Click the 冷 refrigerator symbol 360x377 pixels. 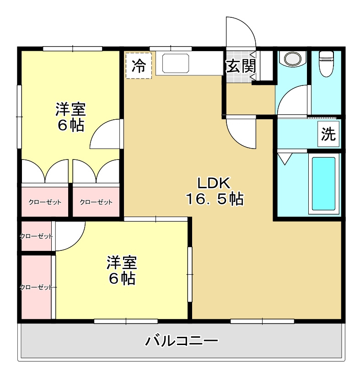click(138, 66)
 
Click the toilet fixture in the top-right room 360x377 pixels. click(326, 63)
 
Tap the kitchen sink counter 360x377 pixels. click(175, 64)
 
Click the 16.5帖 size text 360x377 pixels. click(214, 199)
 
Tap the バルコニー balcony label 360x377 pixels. click(182, 341)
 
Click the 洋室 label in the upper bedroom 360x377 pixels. click(71, 109)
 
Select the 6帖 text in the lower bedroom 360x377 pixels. click(122, 278)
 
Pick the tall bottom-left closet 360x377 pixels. click(36, 287)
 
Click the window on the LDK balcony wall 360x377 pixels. click(262, 322)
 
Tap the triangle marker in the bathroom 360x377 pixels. click(285, 159)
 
